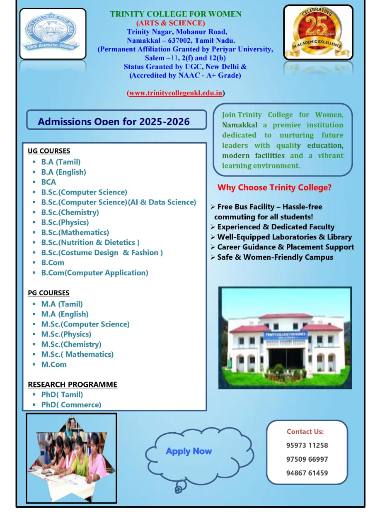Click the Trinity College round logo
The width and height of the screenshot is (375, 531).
pyautogui.click(x=53, y=33)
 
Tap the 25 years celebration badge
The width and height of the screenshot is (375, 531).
pyautogui.click(x=318, y=32)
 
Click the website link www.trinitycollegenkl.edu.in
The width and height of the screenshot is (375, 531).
pyautogui.click(x=176, y=93)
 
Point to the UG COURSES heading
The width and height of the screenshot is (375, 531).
pyautogui.click(x=49, y=151)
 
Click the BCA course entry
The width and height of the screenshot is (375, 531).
pyautogui.click(x=48, y=182)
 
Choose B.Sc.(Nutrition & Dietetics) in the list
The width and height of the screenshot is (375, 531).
pyautogui.click(x=90, y=243)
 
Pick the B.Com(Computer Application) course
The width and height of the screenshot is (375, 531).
pyautogui.click(x=94, y=273)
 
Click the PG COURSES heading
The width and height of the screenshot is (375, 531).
pyautogui.click(x=48, y=293)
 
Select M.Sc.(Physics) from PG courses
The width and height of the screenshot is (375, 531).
pyautogui.click(x=66, y=334)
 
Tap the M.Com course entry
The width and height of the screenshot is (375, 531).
pyautogui.click(x=54, y=365)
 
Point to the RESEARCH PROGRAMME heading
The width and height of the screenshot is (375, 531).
pyautogui.click(x=73, y=385)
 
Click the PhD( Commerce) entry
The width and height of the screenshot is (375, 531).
pyautogui.click(x=71, y=404)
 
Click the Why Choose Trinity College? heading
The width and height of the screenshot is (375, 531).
pyautogui.click(x=274, y=188)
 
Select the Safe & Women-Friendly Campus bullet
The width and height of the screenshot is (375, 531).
pyautogui.click(x=275, y=257)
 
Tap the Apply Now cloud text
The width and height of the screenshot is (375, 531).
pyautogui.click(x=189, y=451)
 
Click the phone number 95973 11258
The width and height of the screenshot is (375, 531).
pyautogui.click(x=307, y=446)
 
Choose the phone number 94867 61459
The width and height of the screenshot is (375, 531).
pyautogui.click(x=307, y=473)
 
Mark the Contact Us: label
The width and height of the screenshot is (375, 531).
pyautogui.click(x=305, y=432)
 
